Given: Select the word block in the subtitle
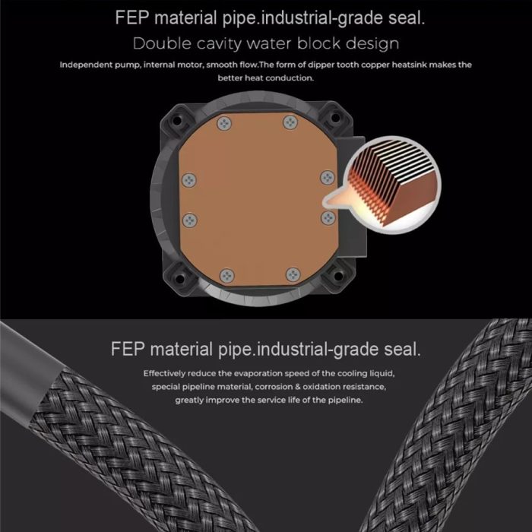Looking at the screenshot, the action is pos(318,44).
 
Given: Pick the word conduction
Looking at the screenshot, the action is pos(290,78).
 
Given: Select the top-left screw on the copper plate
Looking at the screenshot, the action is pos(224,123).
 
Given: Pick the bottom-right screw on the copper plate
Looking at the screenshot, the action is pos(293,274).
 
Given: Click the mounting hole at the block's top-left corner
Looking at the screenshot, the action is pos(177,121).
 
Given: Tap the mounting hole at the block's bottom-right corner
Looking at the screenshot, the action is pos(338,276).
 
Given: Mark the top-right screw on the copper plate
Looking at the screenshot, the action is pos(290,122).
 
